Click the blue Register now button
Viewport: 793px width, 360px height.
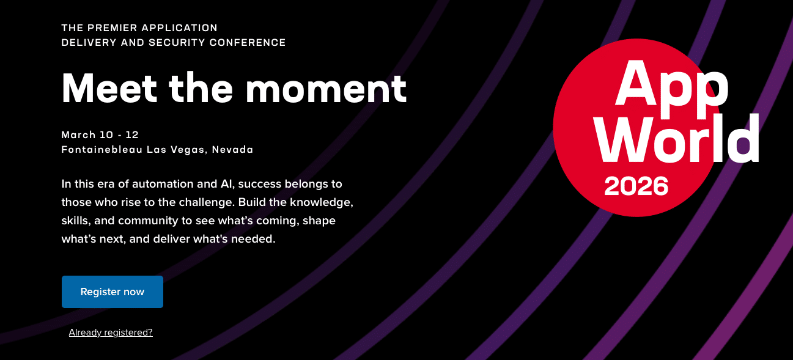(x=112, y=292)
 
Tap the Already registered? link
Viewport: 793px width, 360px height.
(x=111, y=332)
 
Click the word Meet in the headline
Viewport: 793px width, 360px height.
(x=109, y=88)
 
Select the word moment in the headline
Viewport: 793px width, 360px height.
(x=326, y=89)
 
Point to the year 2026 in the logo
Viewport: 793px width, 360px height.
(x=636, y=186)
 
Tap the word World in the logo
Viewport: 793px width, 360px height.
(x=677, y=138)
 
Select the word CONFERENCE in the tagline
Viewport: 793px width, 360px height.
(x=248, y=42)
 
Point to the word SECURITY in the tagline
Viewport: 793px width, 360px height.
(x=177, y=42)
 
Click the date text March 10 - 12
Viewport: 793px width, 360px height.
(x=100, y=135)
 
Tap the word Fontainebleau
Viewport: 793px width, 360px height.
(x=102, y=149)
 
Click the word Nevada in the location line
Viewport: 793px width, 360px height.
(x=232, y=149)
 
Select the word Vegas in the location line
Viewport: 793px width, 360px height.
(x=188, y=150)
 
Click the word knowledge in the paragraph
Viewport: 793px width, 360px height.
(x=321, y=202)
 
